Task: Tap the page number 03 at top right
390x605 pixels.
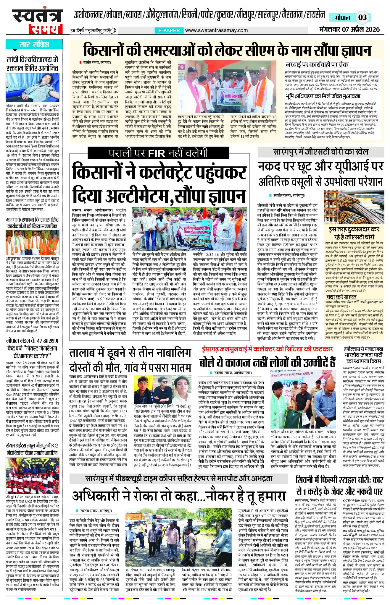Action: click(362, 17)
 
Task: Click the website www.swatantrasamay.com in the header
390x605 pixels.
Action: click(216, 30)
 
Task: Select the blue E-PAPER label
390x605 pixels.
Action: click(169, 30)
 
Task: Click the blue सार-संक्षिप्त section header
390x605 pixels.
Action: click(34, 45)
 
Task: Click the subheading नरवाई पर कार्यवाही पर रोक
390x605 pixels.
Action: click(317, 64)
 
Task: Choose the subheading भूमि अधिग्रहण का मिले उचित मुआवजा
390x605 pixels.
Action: click(323, 96)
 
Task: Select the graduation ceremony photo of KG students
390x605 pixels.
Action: click(33, 474)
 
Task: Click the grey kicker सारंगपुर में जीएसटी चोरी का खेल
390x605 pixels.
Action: click(321, 152)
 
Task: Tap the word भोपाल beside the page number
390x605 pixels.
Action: click(342, 18)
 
